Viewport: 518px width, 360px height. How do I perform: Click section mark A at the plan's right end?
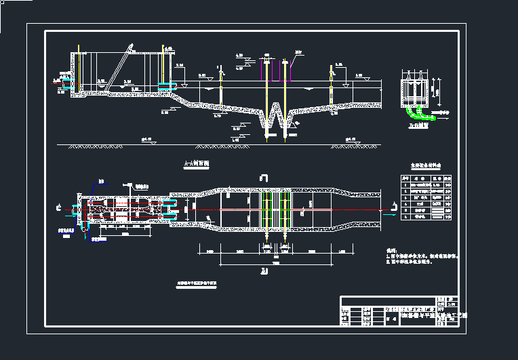coord(393,203)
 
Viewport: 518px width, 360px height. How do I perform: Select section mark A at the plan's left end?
coord(59,204)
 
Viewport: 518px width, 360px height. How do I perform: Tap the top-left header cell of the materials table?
coord(405,175)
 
